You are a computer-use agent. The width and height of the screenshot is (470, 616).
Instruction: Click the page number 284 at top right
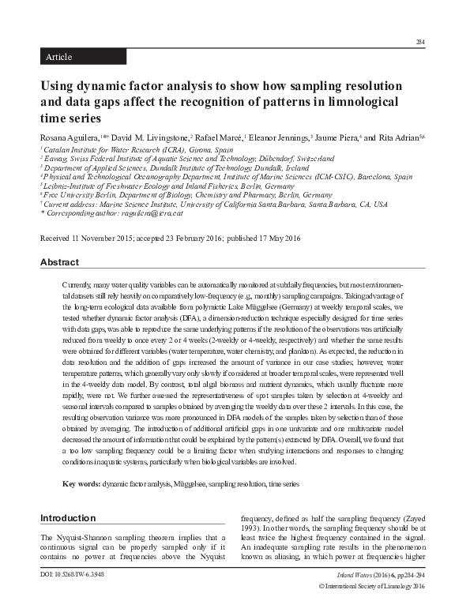click(419, 42)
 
